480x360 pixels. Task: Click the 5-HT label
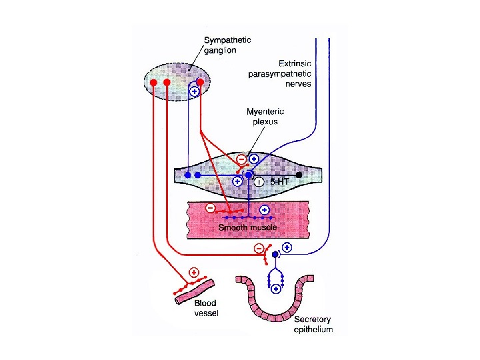pyautogui.click(x=279, y=181)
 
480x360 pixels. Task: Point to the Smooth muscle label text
pyautogui.click(x=248, y=228)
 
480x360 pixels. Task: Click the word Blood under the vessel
pyautogui.click(x=205, y=303)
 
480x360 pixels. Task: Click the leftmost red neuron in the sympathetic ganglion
pyautogui.click(x=153, y=83)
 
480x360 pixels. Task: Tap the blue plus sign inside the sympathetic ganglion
pyautogui.click(x=194, y=92)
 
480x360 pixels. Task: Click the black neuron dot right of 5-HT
pyautogui.click(x=299, y=175)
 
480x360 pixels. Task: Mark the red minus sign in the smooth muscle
pyautogui.click(x=211, y=208)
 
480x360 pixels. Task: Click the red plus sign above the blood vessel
pyautogui.click(x=194, y=272)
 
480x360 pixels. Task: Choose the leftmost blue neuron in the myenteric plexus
pyautogui.click(x=189, y=175)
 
